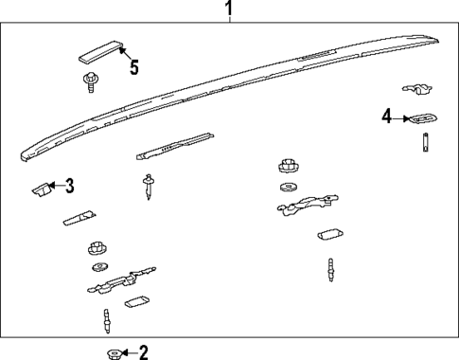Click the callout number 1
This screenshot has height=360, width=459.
(228, 10)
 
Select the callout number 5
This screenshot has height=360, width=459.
(133, 67)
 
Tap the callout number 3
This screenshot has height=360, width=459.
(69, 186)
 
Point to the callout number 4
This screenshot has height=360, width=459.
(386, 117)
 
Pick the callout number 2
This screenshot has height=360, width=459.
(144, 353)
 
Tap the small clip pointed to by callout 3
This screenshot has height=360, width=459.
(42, 188)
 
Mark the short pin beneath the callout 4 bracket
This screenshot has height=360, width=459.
(425, 143)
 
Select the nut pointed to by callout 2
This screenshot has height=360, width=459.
(113, 353)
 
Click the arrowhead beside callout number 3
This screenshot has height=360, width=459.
(53, 186)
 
